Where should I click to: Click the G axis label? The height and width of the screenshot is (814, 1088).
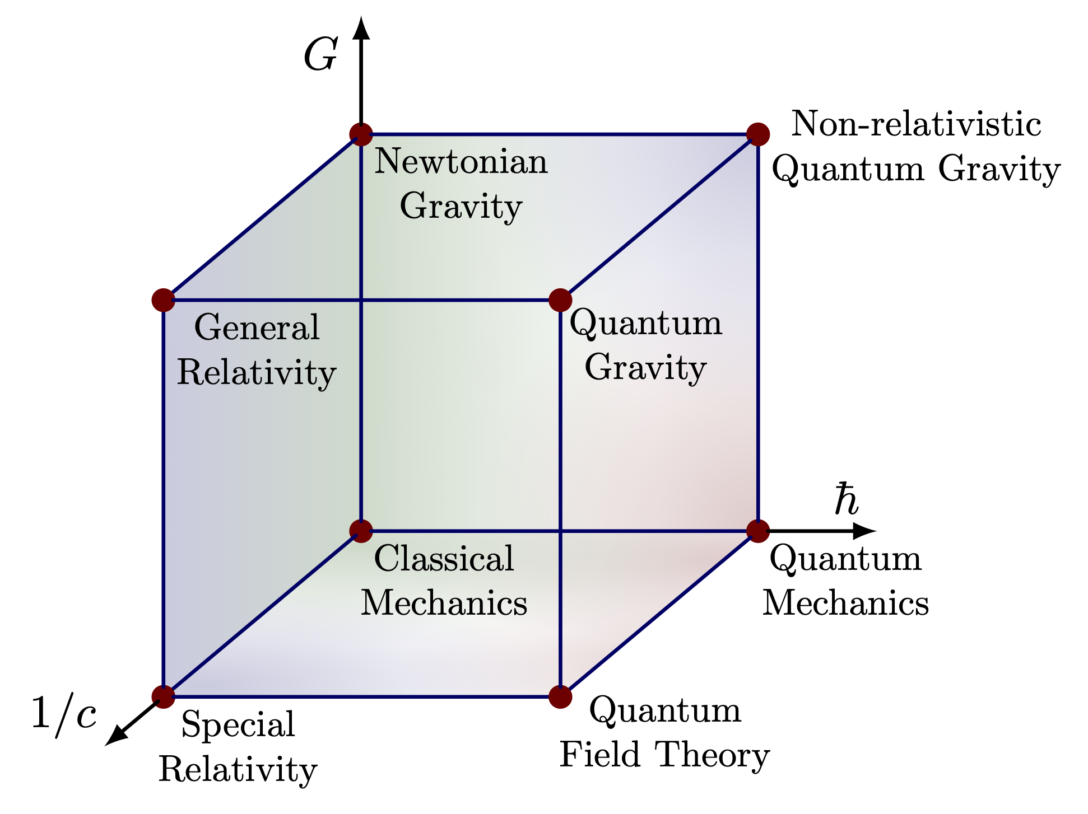coord(320,56)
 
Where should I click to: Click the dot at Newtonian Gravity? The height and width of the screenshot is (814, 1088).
coord(361,134)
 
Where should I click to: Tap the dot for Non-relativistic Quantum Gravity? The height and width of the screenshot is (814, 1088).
coord(757,134)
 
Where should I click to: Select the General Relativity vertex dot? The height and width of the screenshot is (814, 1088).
coord(163,300)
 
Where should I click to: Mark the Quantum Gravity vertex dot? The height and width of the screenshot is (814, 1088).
coord(560,300)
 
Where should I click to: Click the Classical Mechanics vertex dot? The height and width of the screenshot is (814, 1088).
coord(361,531)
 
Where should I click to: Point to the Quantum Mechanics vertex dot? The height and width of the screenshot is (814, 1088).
coord(757,531)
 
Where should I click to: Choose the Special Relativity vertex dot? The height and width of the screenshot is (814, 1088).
coord(163,696)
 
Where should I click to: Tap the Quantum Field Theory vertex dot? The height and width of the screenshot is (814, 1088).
coord(560,696)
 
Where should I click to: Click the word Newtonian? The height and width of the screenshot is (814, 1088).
coord(461,162)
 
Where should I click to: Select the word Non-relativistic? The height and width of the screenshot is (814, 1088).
coord(915,124)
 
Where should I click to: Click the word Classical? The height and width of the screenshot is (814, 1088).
coord(444,559)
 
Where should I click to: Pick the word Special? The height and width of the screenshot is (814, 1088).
coord(238,724)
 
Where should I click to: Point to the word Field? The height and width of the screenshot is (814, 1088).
coord(600,755)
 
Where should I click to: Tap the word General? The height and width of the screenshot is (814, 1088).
coord(257,328)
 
